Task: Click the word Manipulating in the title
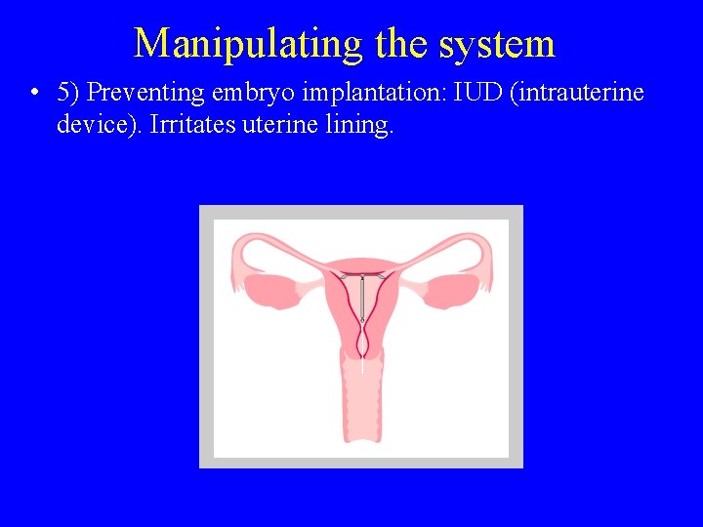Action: click(x=247, y=44)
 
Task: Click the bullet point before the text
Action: click(x=34, y=94)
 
